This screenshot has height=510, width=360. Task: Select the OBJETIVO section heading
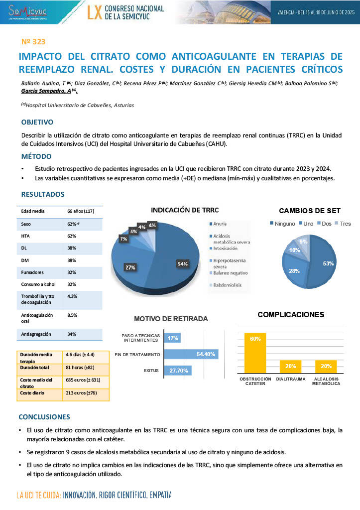[37, 122]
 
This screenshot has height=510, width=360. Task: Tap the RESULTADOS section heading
[42, 194]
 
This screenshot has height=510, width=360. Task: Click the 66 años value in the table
[81, 211]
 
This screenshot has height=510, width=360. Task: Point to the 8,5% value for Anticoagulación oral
[72, 315]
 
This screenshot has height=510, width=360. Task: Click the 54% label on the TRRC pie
[183, 263]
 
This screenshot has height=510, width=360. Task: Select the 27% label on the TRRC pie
[130, 267]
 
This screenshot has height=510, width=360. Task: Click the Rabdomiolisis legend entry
[228, 285]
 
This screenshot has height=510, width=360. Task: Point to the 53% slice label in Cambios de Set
[328, 263]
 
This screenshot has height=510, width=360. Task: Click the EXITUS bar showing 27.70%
[178, 371]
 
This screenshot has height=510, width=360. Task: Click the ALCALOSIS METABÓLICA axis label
[326, 381]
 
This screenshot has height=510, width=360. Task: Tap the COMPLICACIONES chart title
[291, 314]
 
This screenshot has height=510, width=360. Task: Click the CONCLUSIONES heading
[44, 416]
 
